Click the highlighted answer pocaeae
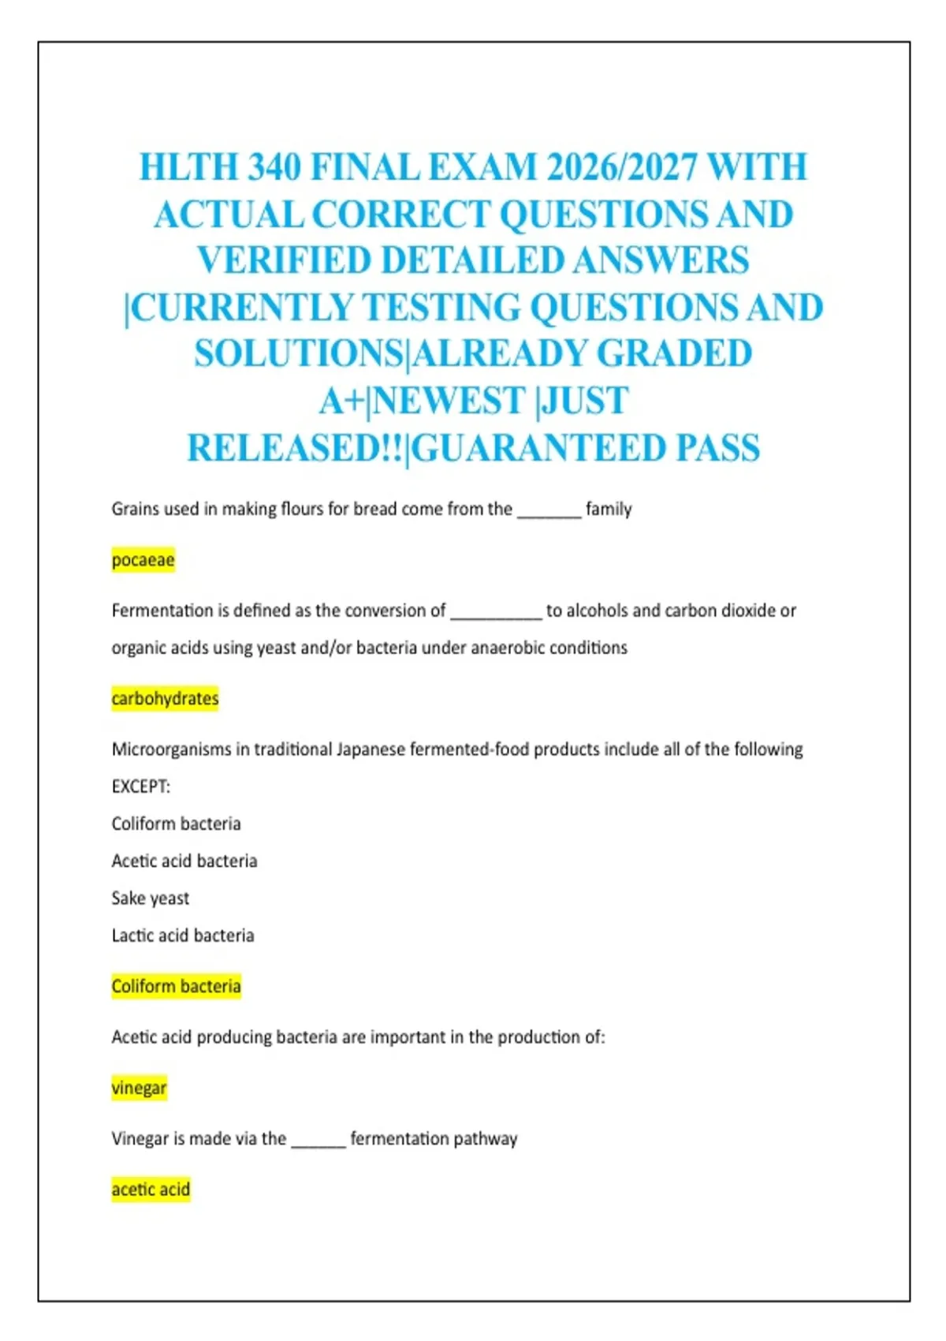point(143,560)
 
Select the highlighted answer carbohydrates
point(165,699)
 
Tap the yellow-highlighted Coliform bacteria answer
point(176,987)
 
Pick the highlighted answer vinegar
point(139,1089)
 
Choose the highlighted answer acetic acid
point(151,1190)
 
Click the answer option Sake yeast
point(151,898)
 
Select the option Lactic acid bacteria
point(183,936)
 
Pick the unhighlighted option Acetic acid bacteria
point(184,861)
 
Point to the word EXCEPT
point(140,786)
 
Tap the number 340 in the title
point(274,167)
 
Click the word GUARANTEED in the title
point(539,448)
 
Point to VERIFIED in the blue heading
point(284,260)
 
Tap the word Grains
point(136,510)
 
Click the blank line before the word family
point(549,513)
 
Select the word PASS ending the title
point(717,448)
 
